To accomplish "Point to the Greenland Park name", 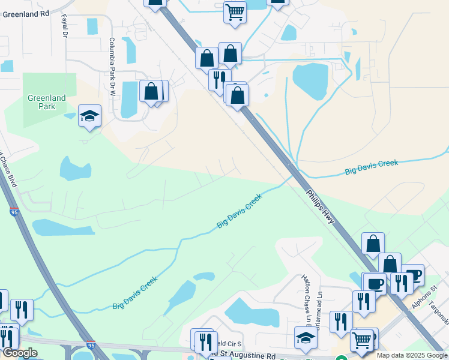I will coord(46,102).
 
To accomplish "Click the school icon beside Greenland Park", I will coord(89,116).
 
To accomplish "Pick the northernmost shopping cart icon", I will coord(235,12).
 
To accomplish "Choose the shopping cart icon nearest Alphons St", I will coord(362,340).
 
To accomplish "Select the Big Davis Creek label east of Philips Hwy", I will coord(372,167).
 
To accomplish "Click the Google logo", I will coord(19,353).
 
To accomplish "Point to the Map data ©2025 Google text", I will coord(411,355).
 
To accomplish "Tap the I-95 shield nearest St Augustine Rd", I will coord(90,346).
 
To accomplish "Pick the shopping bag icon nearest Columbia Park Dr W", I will coord(151,92).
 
